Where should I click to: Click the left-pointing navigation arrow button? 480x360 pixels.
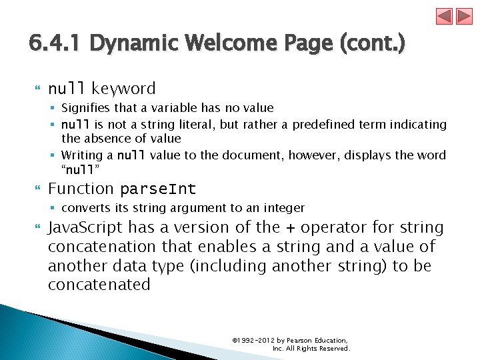445,16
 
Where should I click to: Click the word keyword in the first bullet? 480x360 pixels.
123,89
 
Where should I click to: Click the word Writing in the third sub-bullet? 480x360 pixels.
81,155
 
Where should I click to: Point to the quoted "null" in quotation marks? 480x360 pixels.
79,169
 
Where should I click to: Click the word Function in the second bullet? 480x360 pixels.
81,189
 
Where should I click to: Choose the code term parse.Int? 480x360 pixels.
158,189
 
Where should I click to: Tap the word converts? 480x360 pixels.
84,208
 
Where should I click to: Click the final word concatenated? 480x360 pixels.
99,285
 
